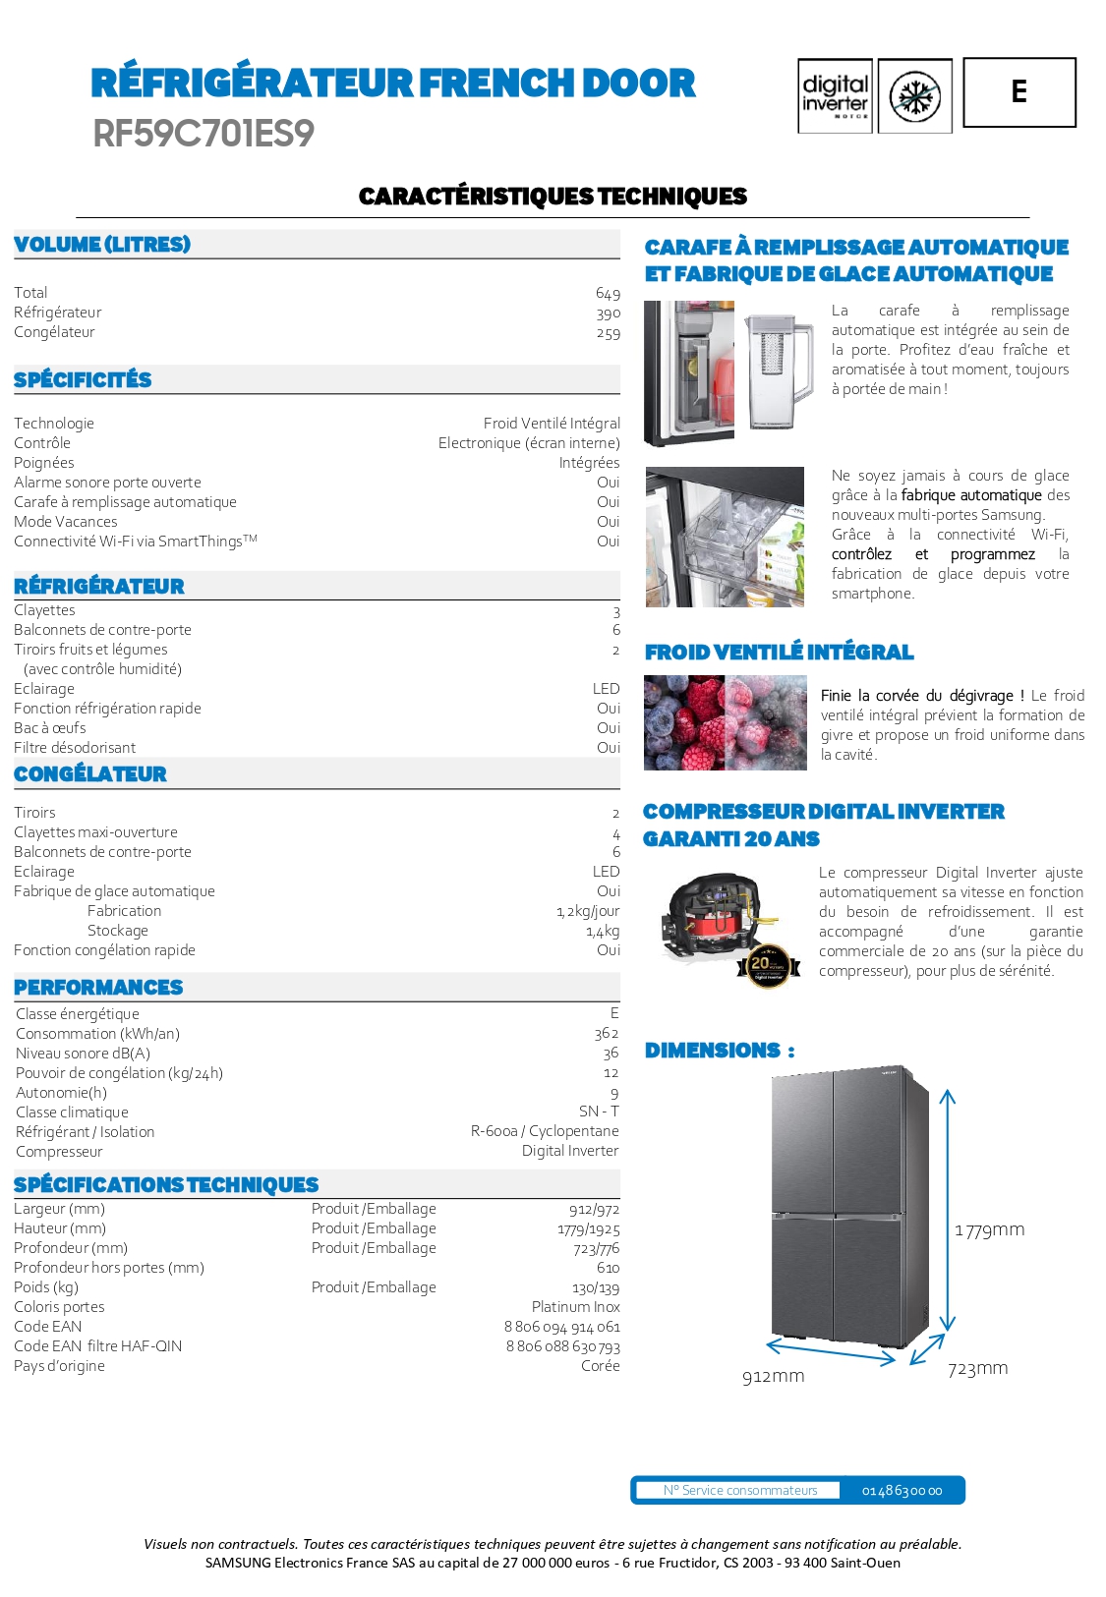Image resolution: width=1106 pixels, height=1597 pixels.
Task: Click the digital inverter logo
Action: pos(835,95)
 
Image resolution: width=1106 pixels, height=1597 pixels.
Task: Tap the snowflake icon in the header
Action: pos(914,96)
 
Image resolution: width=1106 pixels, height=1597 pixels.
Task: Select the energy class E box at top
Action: pos(1019,92)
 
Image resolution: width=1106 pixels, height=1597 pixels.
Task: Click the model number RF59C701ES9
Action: pos(204,134)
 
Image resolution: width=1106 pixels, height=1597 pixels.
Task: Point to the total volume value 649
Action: pos(608,294)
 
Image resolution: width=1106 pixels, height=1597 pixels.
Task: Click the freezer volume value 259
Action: pos(608,333)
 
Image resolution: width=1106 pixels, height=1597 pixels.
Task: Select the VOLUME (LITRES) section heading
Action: pos(102,244)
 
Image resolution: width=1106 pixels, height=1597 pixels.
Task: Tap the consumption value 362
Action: pos(606,1034)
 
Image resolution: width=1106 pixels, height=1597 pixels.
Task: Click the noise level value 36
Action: pos(611,1054)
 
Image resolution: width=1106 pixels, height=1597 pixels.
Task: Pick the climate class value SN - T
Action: pos(599,1112)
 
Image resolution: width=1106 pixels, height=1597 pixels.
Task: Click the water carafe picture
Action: pos(779,371)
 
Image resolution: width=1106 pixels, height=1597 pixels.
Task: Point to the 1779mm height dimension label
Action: pos(989,1230)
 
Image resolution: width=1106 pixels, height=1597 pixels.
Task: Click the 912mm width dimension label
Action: pos(773,1377)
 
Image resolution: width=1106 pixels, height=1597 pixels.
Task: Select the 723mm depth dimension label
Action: pos(977,1369)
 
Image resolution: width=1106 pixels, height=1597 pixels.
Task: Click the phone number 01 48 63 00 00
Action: pos(902,1491)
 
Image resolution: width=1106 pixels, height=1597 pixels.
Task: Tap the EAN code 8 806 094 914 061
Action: pos(561,1327)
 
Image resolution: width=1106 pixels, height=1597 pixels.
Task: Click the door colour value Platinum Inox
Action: pos(575,1307)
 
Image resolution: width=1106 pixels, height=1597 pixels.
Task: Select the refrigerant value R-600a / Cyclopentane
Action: pos(545,1131)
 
